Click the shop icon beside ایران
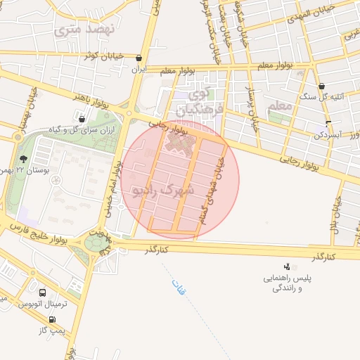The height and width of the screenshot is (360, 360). click(139, 59)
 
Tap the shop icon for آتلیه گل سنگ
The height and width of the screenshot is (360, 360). click(322, 86)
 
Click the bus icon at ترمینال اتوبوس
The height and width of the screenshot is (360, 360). click(44, 292)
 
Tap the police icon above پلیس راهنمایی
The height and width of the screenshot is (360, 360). click(286, 266)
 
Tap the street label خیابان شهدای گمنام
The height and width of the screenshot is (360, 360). click(212, 190)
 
